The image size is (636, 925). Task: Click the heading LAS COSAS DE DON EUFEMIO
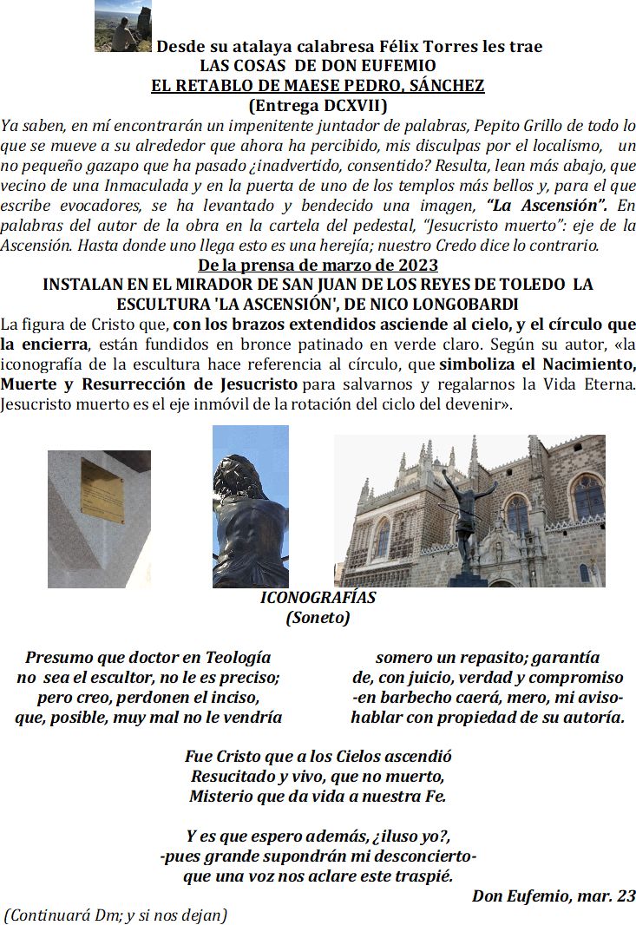pos(317,66)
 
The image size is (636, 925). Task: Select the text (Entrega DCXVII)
pos(317,106)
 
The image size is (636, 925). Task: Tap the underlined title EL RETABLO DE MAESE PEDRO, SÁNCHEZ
pos(317,86)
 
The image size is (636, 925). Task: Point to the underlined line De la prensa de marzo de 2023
pos(317,265)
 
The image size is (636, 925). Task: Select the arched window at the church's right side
pos(588,498)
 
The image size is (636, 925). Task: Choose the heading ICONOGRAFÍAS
pos(318,598)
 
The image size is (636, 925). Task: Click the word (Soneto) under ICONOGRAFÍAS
pos(318,618)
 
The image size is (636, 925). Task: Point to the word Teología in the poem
pos(234,658)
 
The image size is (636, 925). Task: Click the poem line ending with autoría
pos(487,718)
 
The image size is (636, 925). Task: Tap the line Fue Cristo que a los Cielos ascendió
pos(318,757)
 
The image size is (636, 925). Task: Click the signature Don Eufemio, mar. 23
pos(554,897)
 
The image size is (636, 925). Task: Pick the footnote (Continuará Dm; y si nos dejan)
pos(116,915)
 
